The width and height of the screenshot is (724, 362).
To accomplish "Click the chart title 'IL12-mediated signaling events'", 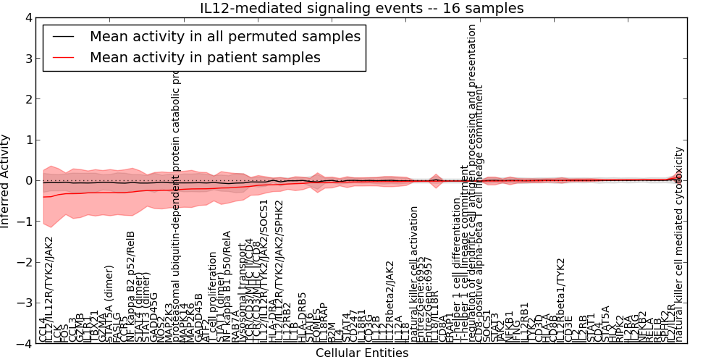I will coord(362,8).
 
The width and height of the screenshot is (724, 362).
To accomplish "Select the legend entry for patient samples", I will coord(205,57).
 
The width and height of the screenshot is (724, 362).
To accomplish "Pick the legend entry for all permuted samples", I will coord(224,36).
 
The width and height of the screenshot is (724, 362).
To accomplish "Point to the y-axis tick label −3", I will coord(25,303).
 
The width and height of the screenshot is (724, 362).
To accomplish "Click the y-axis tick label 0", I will coord(28,181).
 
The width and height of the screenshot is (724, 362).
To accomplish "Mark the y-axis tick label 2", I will coord(28,99).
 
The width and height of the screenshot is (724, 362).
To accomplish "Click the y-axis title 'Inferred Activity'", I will coord(7,181).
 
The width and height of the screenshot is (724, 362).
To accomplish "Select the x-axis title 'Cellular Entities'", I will coord(362,353).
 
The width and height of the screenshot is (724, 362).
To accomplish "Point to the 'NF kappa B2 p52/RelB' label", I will coord(130,286).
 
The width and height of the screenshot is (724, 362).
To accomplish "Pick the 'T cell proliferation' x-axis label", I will coord(212,298).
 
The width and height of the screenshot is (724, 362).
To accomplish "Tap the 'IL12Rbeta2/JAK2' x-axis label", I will coord(390,301).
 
